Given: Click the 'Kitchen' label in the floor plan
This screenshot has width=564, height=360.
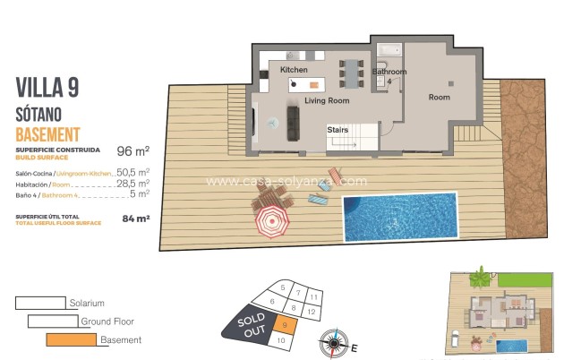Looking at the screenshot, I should click(294, 70).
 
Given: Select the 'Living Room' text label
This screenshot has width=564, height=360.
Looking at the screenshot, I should click(326, 101).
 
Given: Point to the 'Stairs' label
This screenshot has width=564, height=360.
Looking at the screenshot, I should click(338, 130).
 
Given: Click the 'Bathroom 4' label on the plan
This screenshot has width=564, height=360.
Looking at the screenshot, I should click(389, 76).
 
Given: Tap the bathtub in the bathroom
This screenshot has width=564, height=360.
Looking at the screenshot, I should click(391, 49).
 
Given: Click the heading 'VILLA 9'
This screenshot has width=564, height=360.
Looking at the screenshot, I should click(47, 87).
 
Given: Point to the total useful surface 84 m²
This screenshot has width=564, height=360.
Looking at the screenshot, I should click(135, 216).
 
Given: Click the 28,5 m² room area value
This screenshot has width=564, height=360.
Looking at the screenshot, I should click(132, 182).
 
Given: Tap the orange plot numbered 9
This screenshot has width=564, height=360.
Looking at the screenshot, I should click(283, 326).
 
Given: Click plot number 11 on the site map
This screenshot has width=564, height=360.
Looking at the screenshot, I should click(313, 296).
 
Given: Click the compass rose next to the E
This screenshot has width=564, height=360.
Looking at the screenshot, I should click(334, 340).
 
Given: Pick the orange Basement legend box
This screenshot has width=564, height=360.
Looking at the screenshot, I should click(71, 339).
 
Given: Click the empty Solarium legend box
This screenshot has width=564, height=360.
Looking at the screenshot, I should click(41, 303).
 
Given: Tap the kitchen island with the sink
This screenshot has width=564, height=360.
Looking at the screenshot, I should click(304, 84).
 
